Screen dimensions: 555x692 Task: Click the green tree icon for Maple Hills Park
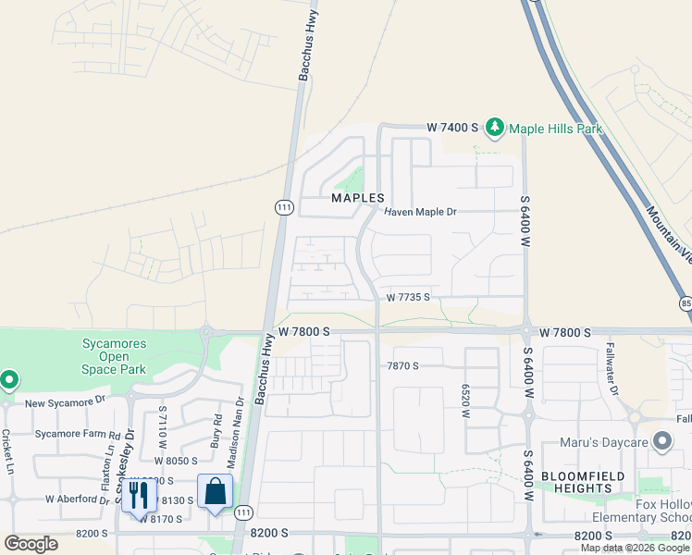[x=495, y=127]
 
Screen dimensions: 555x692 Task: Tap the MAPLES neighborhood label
[x=358, y=199]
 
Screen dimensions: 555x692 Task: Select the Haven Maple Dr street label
[x=421, y=212]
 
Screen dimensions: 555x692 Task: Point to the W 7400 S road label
[x=451, y=127]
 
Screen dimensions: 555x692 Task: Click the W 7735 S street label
[x=410, y=297]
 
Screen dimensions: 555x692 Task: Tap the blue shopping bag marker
[x=215, y=491]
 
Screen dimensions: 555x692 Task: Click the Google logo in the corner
[x=31, y=543]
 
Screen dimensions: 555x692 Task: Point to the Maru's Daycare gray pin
[x=661, y=441]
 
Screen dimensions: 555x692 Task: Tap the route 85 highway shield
[x=685, y=302]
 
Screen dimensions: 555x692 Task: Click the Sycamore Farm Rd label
[x=77, y=434]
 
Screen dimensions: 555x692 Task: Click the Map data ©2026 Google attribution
[x=635, y=547]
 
